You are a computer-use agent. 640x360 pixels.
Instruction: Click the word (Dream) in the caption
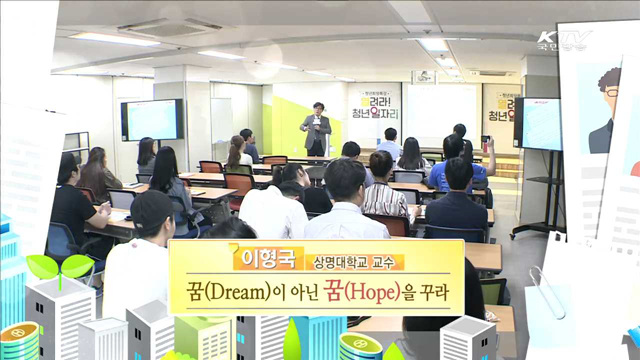247,295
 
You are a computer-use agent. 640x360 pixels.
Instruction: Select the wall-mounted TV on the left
152,120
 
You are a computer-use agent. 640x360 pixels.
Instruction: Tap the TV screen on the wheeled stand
538,124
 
